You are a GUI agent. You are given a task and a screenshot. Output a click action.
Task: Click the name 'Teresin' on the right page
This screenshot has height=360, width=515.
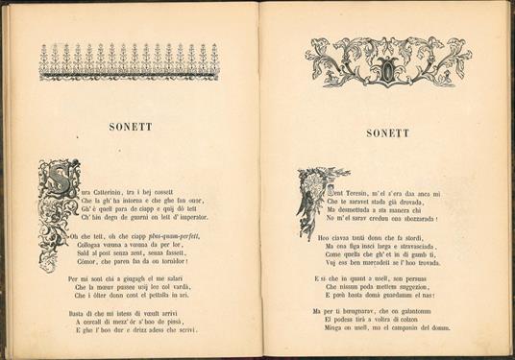(360, 194)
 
